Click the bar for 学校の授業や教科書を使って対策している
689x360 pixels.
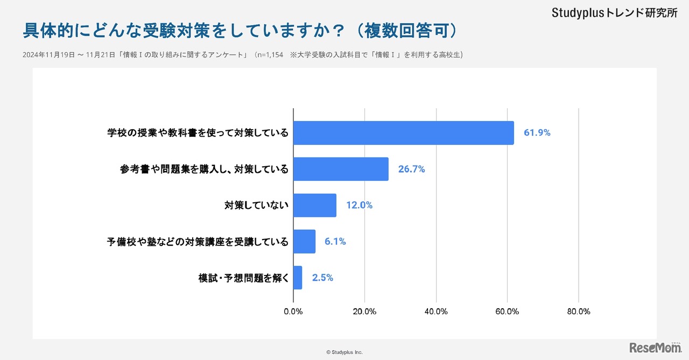403,132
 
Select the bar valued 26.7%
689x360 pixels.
341,169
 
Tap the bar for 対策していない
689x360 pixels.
314,205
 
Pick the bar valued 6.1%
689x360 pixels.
304,242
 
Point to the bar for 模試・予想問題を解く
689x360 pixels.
298,278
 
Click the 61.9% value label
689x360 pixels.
537,132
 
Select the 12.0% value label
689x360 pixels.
359,205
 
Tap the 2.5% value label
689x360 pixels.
322,278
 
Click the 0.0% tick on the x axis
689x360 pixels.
293,312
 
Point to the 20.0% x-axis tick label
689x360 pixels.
364,312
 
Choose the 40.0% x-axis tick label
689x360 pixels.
436,312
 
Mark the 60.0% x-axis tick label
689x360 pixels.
507,312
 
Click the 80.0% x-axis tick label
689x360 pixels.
579,312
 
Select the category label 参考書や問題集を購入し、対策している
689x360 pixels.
204,169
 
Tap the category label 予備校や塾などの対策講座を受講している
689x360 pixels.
198,242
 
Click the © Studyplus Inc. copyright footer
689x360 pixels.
344,352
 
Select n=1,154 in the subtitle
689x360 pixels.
269,55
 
